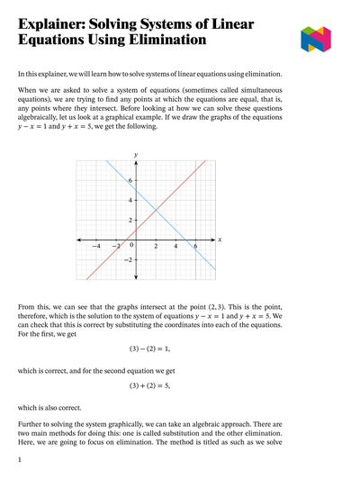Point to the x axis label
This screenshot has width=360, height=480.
[x=220, y=240]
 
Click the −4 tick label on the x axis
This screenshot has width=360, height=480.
[x=96, y=246]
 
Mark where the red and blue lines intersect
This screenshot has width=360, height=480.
[x=156, y=210]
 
